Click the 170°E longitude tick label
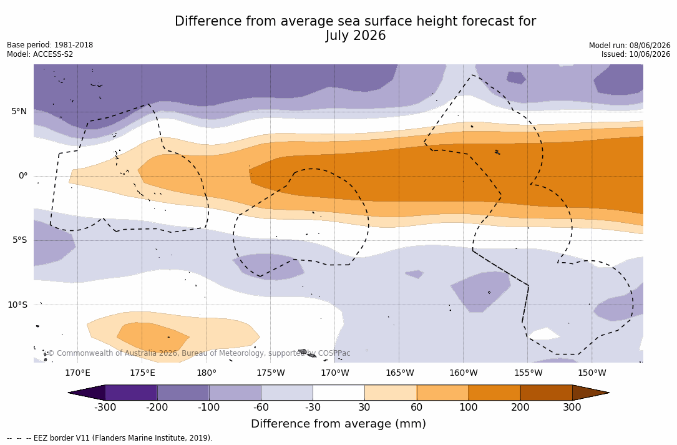[x=78, y=373]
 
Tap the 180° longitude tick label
[x=207, y=373]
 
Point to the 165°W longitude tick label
[x=399, y=373]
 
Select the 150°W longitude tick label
[x=592, y=373]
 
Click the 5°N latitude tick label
[x=19, y=112]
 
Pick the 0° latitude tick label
[x=23, y=176]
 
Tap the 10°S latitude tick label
[x=17, y=305]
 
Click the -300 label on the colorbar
[x=105, y=408]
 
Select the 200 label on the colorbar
[x=520, y=408]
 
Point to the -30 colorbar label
[x=313, y=408]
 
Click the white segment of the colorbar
[x=339, y=393]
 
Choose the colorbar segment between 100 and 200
[x=494, y=393]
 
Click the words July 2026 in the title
[x=355, y=36]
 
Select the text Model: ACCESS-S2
[x=40, y=54]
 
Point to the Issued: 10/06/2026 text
[x=636, y=54]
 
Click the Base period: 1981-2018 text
[x=50, y=45]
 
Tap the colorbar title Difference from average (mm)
[x=338, y=424]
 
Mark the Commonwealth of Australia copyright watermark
[x=198, y=353]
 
